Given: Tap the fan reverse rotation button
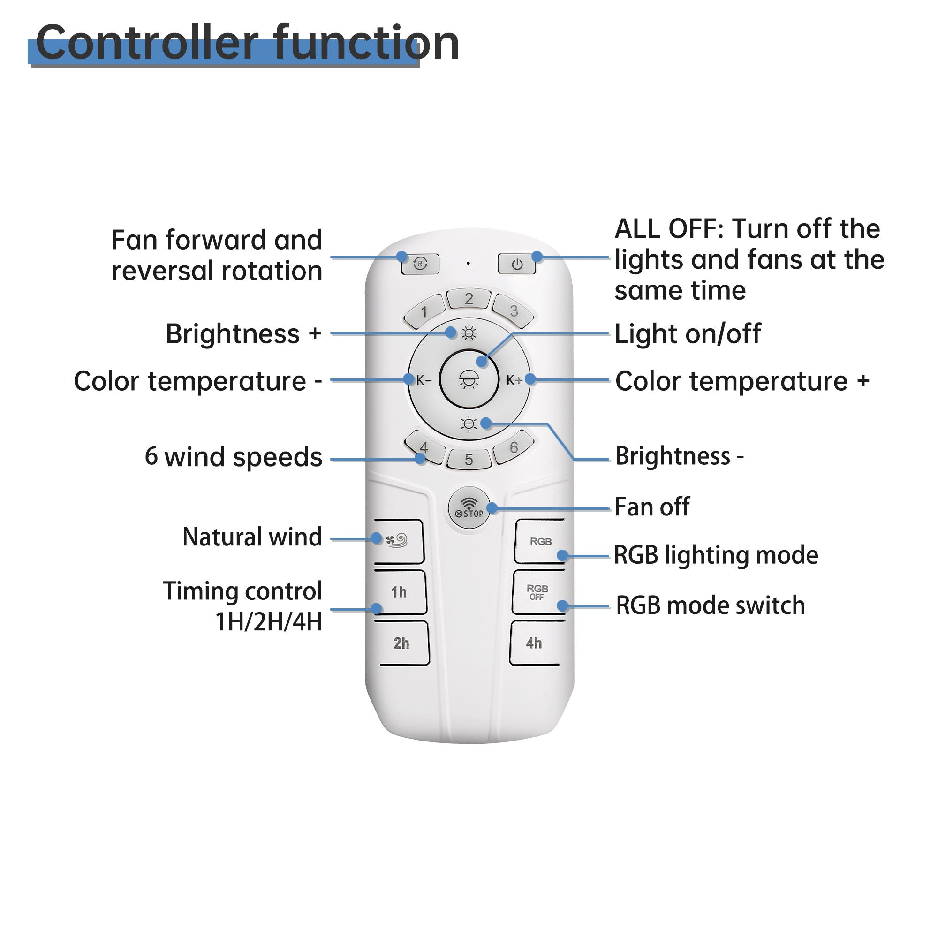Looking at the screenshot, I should (420, 264).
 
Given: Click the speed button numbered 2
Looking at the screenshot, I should (469, 299).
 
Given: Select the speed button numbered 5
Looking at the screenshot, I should (469, 459).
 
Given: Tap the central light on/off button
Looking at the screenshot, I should (469, 379).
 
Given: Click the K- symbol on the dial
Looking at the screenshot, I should (424, 380).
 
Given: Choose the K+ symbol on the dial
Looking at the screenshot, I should (514, 380).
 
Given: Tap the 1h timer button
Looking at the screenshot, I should (400, 592).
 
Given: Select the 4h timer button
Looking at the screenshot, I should (534, 643).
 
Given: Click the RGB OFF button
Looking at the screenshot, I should (537, 592).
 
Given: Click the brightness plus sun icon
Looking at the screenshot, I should (469, 333).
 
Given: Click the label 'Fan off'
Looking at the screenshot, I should (651, 507).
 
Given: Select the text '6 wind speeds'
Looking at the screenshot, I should (234, 457).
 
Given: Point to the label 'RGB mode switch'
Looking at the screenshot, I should (710, 605).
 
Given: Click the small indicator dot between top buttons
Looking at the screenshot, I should (468, 263).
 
